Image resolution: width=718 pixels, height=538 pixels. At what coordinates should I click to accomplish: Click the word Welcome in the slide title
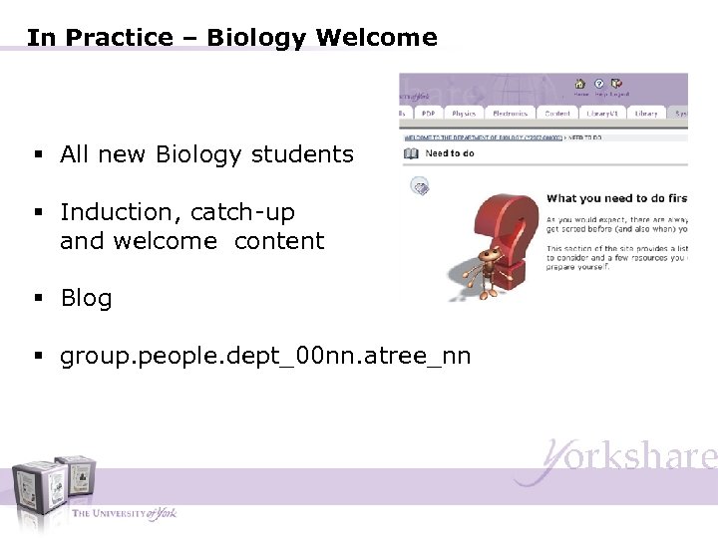tap(376, 38)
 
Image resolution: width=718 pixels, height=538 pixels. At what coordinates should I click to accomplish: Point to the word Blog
tap(86, 298)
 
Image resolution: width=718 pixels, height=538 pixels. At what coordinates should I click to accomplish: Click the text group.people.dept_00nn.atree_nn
tap(265, 356)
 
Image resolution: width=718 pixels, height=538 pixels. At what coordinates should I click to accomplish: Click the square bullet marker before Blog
tap(37, 299)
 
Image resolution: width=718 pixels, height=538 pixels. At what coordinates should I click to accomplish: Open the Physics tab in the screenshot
tap(464, 114)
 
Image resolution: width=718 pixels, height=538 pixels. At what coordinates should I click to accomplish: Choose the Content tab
tap(557, 114)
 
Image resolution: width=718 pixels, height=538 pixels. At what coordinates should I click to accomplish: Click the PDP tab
tap(428, 114)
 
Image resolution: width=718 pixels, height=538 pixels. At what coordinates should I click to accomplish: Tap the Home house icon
tap(579, 84)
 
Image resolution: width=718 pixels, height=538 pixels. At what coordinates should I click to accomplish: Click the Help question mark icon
tap(598, 84)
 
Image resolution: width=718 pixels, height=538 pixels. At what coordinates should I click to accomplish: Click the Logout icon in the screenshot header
tap(616, 84)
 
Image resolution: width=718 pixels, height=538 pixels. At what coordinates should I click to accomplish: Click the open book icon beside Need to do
tap(411, 153)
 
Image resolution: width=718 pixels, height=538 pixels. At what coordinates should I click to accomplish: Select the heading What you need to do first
tap(616, 198)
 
